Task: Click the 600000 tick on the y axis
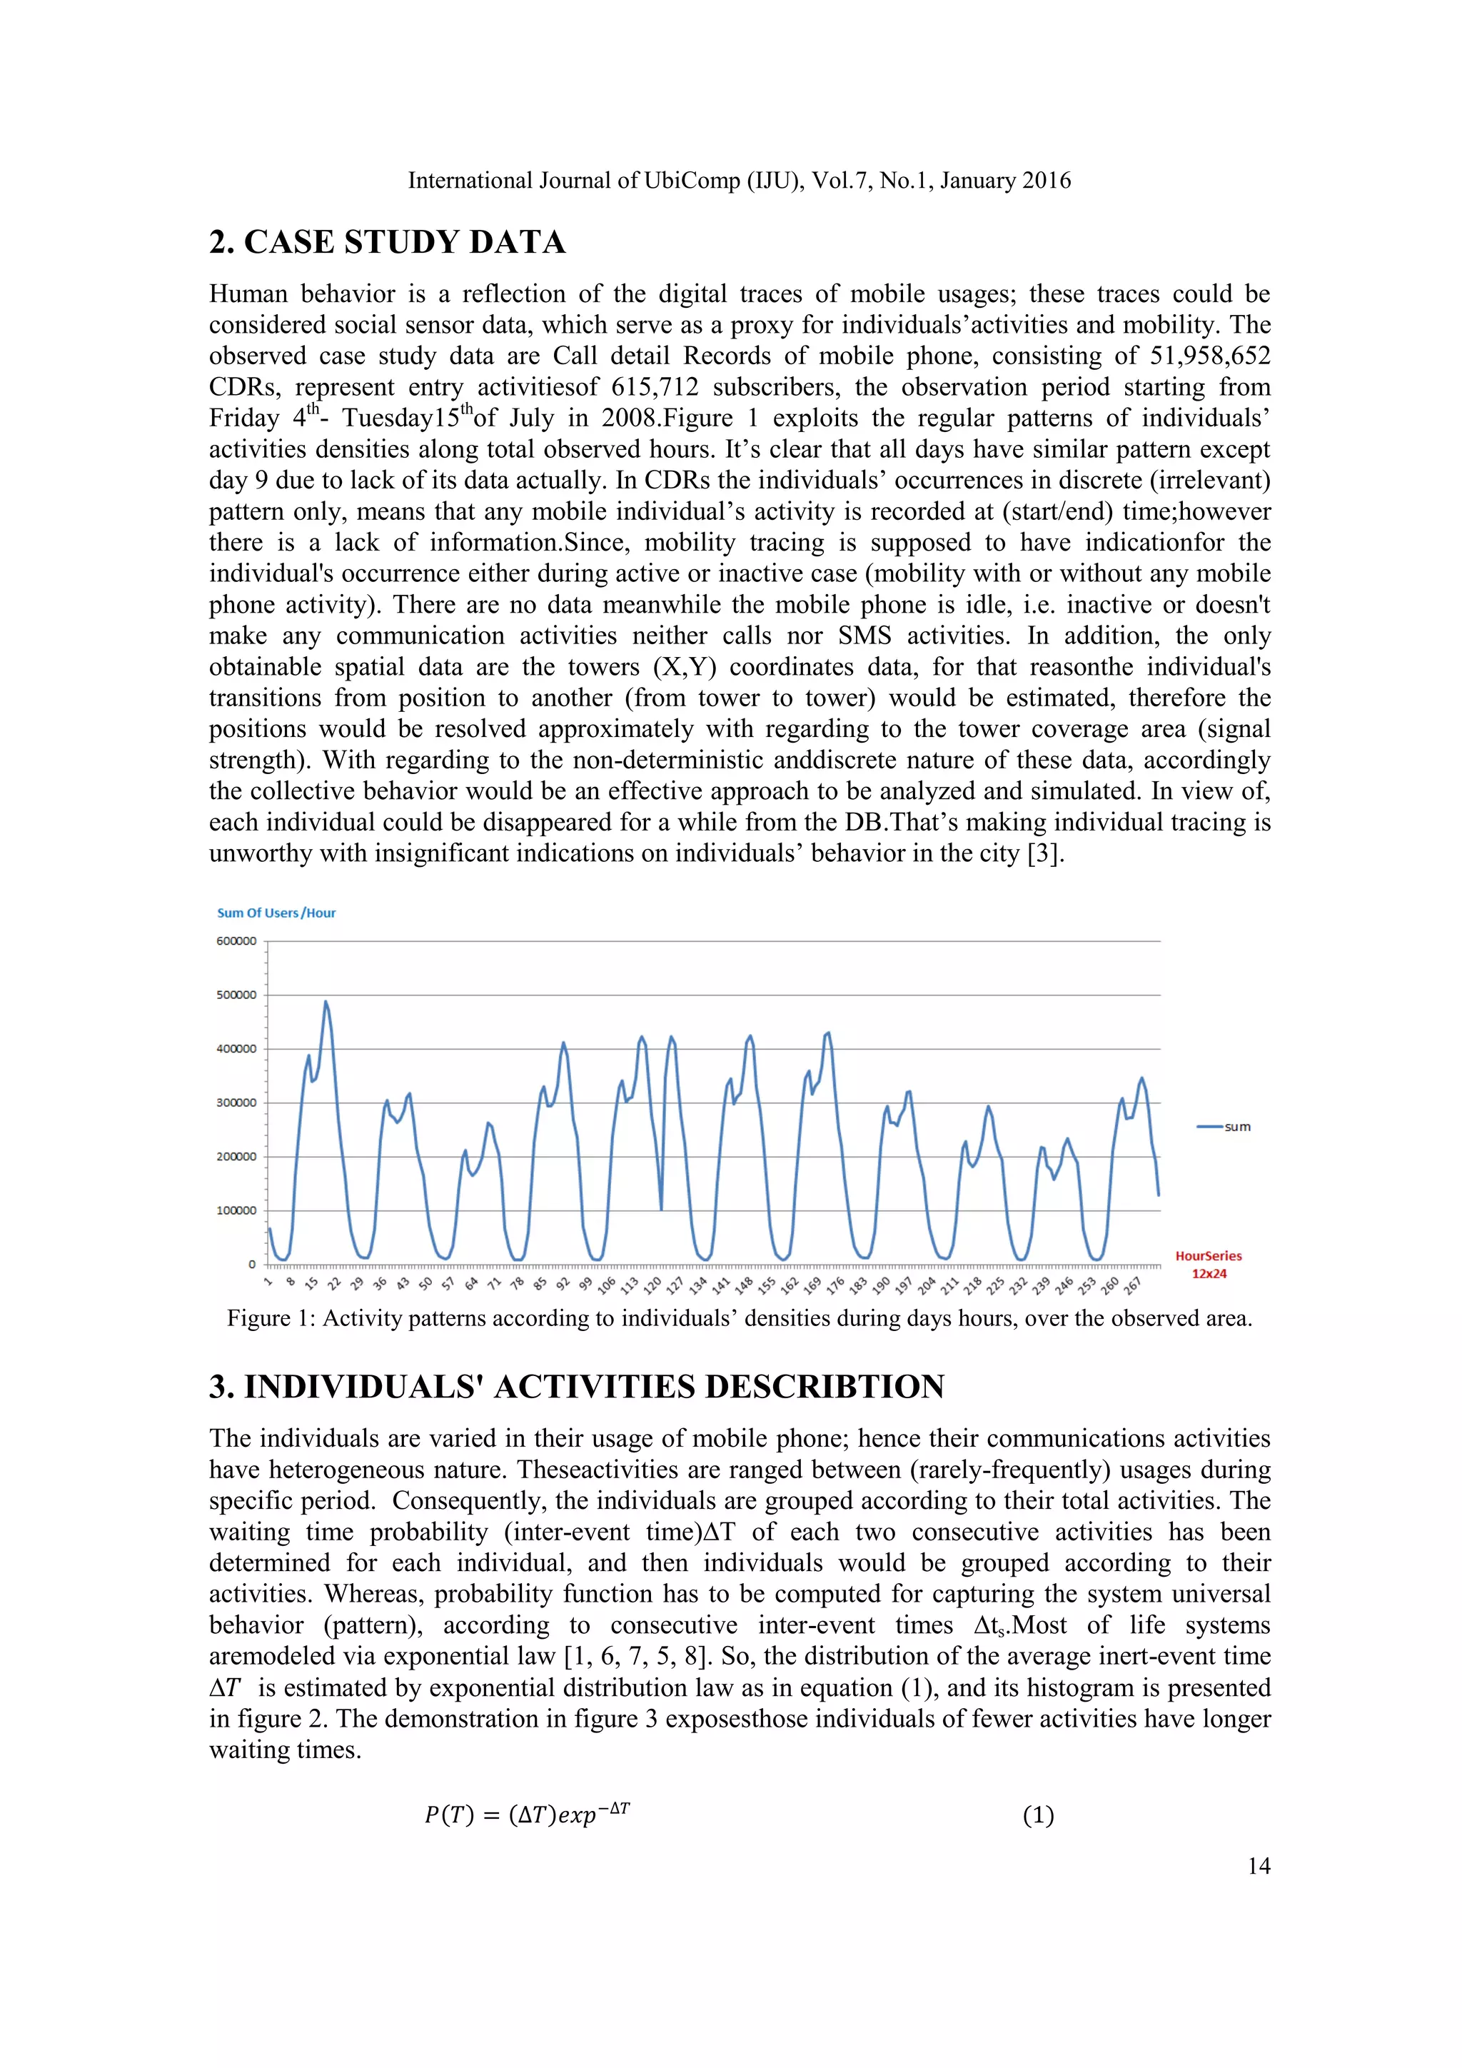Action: pyautogui.click(x=236, y=941)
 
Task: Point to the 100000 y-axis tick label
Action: pyautogui.click(x=236, y=1210)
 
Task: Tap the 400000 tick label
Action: pyautogui.click(x=236, y=1049)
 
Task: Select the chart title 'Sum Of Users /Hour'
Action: pyautogui.click(x=276, y=913)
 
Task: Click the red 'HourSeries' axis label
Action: pyautogui.click(x=1208, y=1255)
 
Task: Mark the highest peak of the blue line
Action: pyautogui.click(x=326, y=1002)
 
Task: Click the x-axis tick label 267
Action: pyautogui.click(x=1132, y=1283)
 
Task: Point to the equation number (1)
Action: pyautogui.click(x=1038, y=1815)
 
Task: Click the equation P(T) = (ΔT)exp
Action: pyautogui.click(x=527, y=1815)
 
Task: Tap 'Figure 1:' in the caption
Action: pyautogui.click(x=271, y=1319)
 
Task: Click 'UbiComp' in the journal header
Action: pyautogui.click(x=692, y=181)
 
